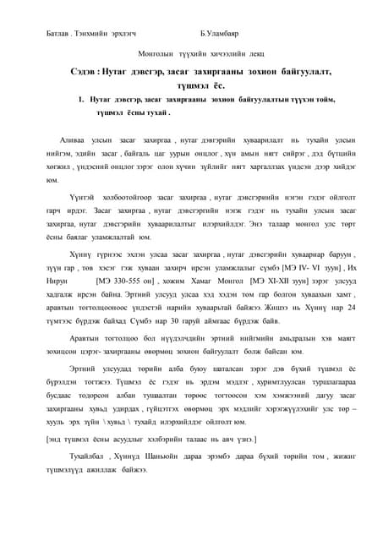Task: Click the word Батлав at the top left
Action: [57, 35]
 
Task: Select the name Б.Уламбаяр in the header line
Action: [222, 35]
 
